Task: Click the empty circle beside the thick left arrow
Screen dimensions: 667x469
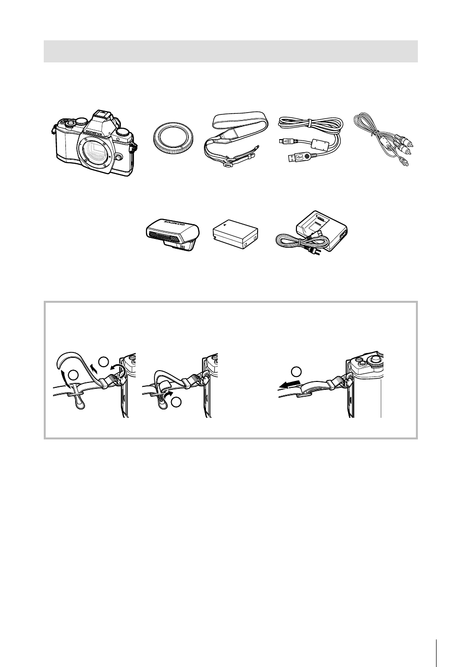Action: (296, 371)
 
